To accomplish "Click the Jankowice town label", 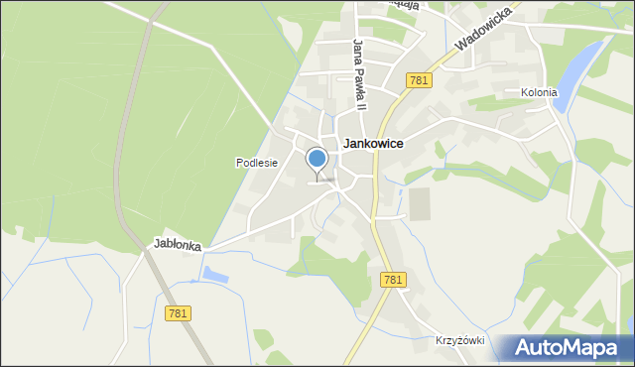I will click(x=372, y=144).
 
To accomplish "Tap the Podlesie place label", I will click(x=256, y=163).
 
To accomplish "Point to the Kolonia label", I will click(x=539, y=93).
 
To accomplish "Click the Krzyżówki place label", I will click(x=458, y=340).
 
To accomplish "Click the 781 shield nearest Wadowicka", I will click(x=418, y=80).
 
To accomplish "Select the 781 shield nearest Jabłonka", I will click(x=178, y=312).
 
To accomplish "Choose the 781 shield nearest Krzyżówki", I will click(x=392, y=281).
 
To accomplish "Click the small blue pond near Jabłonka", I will click(x=215, y=273).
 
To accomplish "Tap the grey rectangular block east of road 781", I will click(x=421, y=203).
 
